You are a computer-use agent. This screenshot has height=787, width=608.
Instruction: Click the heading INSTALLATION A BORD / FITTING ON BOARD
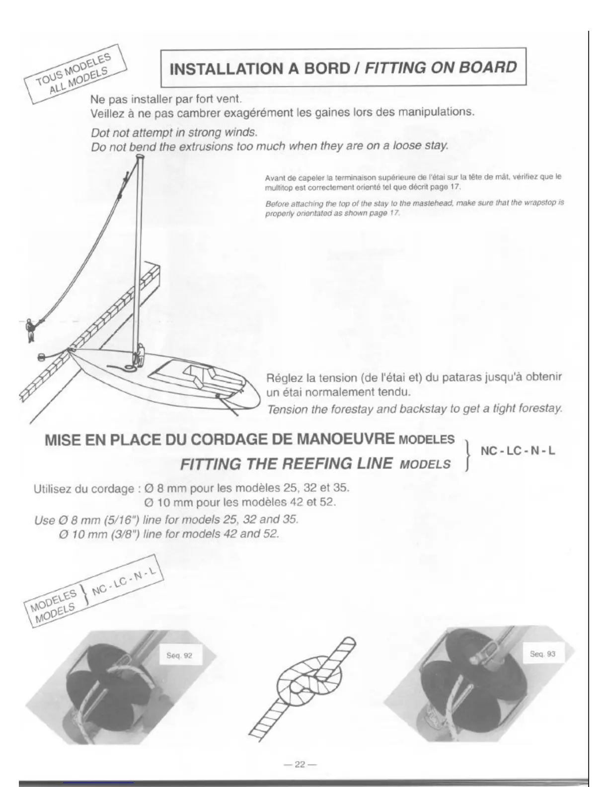(343, 68)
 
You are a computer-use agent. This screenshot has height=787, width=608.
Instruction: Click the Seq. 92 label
(179, 655)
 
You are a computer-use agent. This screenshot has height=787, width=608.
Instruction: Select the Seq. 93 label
(542, 654)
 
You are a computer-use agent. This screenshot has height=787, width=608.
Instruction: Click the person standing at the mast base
(140, 355)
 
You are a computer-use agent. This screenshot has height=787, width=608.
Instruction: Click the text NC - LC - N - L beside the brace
(518, 451)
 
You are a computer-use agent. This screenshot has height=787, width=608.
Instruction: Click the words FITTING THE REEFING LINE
(286, 464)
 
